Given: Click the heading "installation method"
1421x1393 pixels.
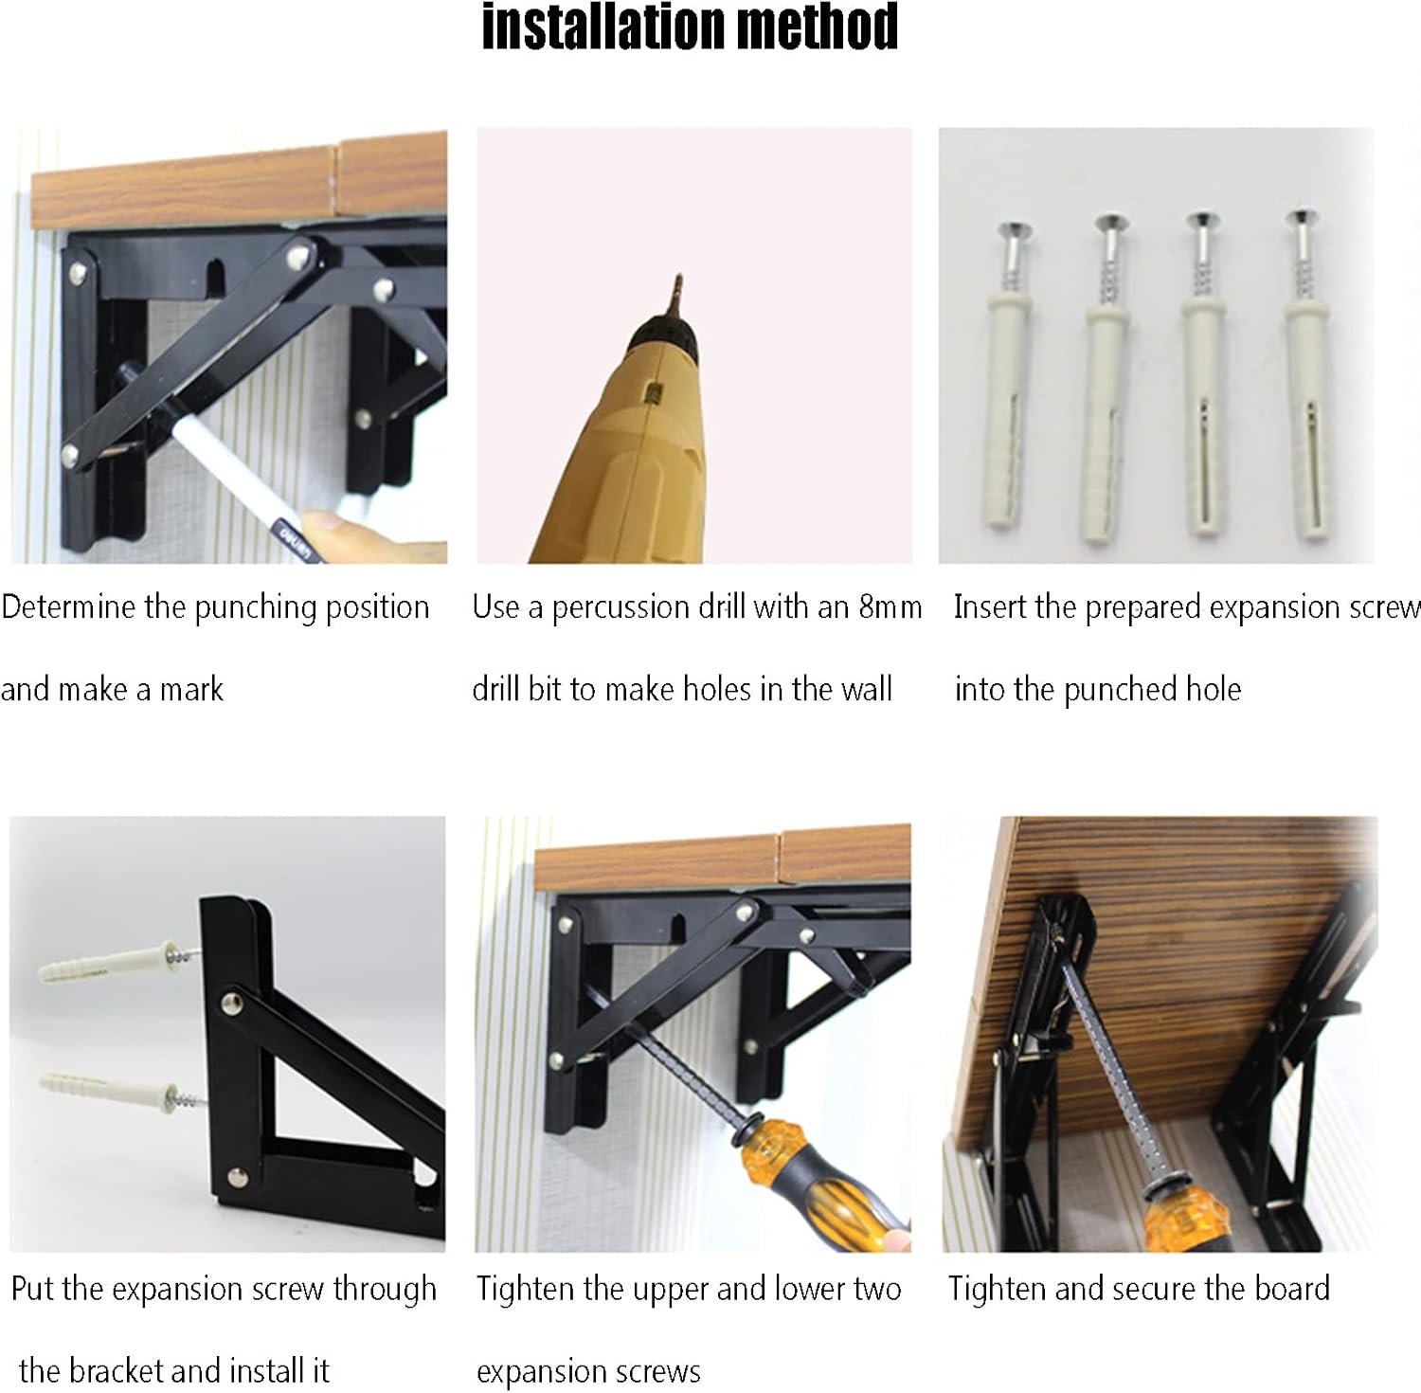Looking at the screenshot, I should click(690, 28).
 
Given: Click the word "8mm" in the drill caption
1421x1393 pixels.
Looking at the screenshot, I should click(890, 607).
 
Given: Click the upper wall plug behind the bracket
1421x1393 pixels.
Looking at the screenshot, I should click(104, 964).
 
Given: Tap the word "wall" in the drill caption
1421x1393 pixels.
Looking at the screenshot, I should click(866, 690).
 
